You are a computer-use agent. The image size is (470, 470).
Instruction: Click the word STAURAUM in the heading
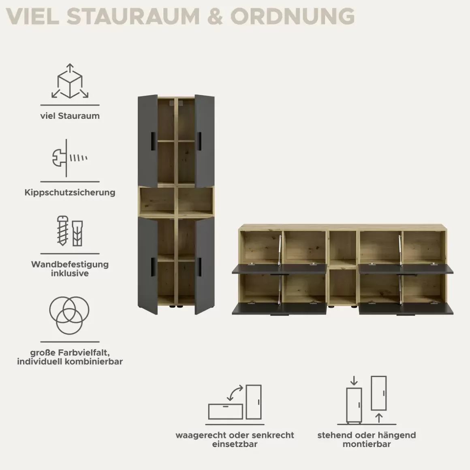tap(133, 16)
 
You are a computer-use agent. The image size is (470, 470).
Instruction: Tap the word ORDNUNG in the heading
tap(292, 16)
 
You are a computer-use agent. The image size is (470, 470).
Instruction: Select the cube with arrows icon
tap(70, 81)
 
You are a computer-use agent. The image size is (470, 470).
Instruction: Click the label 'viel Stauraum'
tap(70, 116)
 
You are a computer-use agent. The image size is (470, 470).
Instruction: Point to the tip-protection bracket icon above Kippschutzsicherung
tap(69, 158)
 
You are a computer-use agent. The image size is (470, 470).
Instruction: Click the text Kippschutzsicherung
tap(70, 192)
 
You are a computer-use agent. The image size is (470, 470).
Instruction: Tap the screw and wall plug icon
tap(70, 231)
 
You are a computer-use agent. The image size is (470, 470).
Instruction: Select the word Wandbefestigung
tap(70, 264)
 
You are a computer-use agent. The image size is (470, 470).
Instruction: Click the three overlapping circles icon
tap(69, 315)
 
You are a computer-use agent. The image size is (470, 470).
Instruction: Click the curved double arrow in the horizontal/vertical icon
tap(235, 393)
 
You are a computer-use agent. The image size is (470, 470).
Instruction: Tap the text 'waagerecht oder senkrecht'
tap(235, 435)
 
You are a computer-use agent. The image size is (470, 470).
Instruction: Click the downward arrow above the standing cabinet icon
tap(354, 381)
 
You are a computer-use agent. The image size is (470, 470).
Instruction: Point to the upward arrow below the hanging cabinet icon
tap(379, 418)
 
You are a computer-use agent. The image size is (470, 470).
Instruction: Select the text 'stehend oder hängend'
tap(367, 435)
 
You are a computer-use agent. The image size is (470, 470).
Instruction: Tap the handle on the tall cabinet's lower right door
tap(199, 267)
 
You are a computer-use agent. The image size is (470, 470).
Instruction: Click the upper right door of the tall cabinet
tap(205, 141)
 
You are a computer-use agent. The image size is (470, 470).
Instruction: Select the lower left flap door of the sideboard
tap(279, 308)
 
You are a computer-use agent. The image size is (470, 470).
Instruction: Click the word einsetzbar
tap(235, 444)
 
